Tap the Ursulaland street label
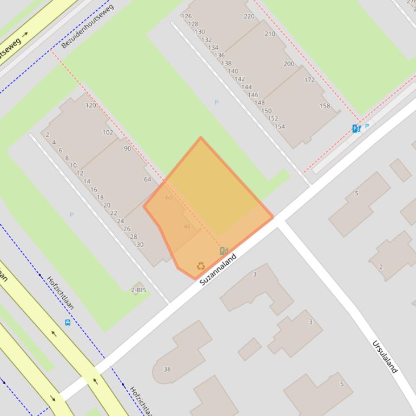(x=385, y=356)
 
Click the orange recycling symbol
(x=201, y=266)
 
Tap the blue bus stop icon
(x=68, y=323)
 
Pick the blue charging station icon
(x=356, y=128)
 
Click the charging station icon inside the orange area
(x=223, y=251)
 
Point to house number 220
(x=249, y=16)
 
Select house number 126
(x=187, y=16)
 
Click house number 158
(x=325, y=106)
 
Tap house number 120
(x=90, y=105)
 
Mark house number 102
(x=108, y=132)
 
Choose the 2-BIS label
(x=138, y=290)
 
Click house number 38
(x=167, y=370)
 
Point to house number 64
(x=148, y=179)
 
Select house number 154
(x=280, y=126)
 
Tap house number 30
(x=140, y=244)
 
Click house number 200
(x=289, y=64)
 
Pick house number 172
(x=309, y=80)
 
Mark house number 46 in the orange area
(x=187, y=226)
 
